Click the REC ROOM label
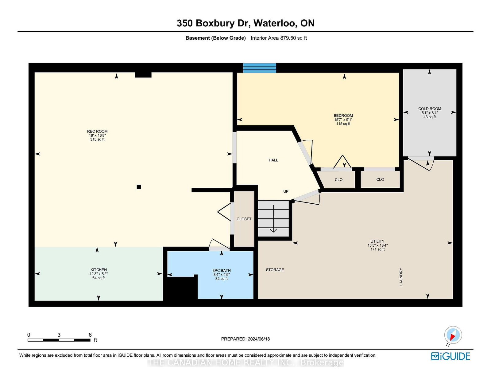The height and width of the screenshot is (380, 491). pyautogui.click(x=97, y=131)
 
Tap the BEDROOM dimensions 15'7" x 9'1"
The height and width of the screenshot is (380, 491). pyautogui.click(x=343, y=119)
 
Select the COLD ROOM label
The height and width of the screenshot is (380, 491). pyautogui.click(x=430, y=108)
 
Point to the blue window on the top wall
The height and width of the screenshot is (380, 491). pyautogui.click(x=259, y=68)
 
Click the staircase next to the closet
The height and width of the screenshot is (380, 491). pyautogui.click(x=273, y=219)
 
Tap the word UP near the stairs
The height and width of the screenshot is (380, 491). pyautogui.click(x=286, y=191)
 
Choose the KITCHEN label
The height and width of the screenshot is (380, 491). pyautogui.click(x=99, y=270)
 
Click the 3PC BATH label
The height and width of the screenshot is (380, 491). pyautogui.click(x=222, y=270)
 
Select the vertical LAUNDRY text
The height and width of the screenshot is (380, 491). pyautogui.click(x=401, y=277)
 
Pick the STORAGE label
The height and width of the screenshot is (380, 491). pyautogui.click(x=275, y=270)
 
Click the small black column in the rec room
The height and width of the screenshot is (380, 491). pyautogui.click(x=139, y=187)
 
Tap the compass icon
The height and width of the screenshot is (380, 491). pyautogui.click(x=453, y=335)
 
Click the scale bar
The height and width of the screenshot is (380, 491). pyautogui.click(x=59, y=340)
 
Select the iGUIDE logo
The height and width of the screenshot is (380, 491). pyautogui.click(x=450, y=356)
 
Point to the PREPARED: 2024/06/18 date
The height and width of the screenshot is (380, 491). pyautogui.click(x=245, y=339)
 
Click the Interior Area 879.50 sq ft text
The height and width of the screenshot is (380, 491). pyautogui.click(x=279, y=38)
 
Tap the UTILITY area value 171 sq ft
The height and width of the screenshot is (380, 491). pyautogui.click(x=377, y=249)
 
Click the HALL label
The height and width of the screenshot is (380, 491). pyautogui.click(x=273, y=160)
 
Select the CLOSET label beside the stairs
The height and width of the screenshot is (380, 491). pyautogui.click(x=244, y=219)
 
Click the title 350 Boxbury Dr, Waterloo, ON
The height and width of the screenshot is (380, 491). pyautogui.click(x=245, y=23)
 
